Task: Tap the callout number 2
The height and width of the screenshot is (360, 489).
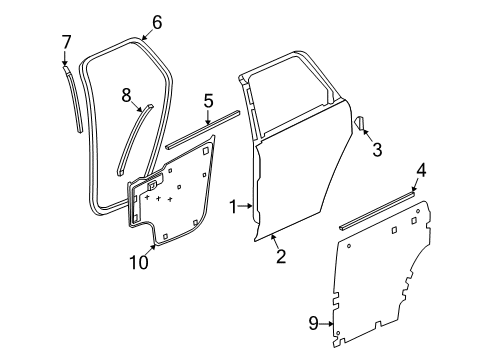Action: (281, 258)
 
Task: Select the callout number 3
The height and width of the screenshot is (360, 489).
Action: (376, 151)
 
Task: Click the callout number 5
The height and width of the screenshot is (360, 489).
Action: (208, 99)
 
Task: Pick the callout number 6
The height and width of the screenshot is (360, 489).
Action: (156, 22)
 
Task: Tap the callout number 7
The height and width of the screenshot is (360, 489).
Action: (66, 42)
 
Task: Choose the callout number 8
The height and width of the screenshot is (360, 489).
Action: (126, 96)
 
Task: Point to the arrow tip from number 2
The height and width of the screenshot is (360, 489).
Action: (271, 237)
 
